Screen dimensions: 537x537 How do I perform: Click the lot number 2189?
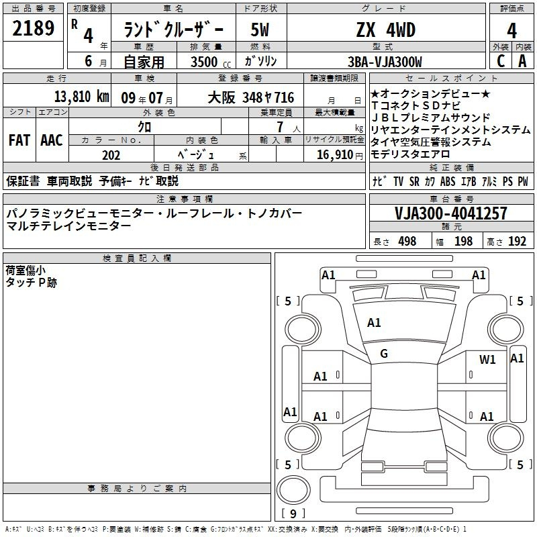33,28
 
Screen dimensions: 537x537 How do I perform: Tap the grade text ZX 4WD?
386,30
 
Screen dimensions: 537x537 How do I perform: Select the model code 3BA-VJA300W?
385,62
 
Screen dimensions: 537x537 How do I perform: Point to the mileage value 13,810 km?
82,97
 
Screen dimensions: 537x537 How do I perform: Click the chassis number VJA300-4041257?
451,213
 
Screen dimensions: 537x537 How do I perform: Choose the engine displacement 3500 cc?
211,62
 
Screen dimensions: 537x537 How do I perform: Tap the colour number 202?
111,155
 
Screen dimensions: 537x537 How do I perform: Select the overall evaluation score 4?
511,31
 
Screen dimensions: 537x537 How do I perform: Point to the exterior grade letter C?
501,61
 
